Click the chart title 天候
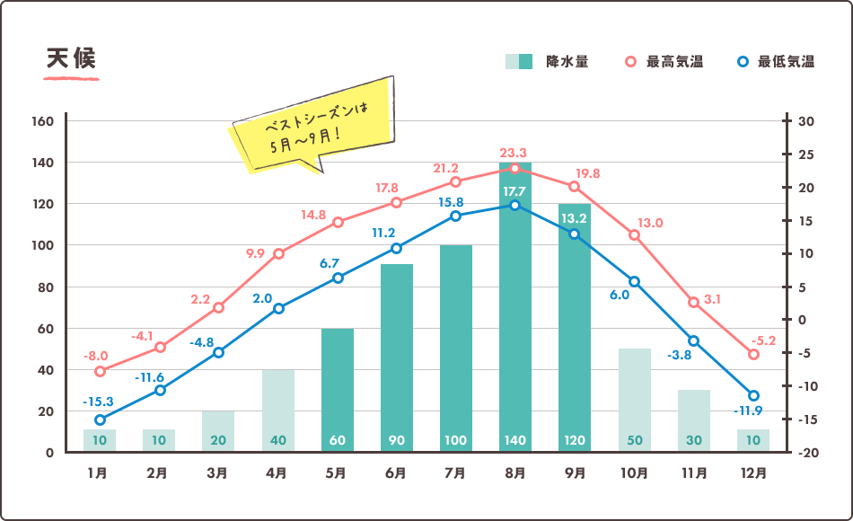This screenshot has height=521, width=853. click(x=71, y=58)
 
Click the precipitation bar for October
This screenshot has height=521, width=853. click(x=635, y=395)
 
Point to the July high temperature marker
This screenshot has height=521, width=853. click(x=455, y=182)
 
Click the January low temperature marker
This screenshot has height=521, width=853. click(x=100, y=419)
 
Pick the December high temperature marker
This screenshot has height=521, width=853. click(x=753, y=355)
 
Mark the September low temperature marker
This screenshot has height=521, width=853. click(x=575, y=234)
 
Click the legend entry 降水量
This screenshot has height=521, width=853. click(x=546, y=62)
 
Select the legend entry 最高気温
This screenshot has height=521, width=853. click(x=664, y=62)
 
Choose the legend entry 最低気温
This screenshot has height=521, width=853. click(x=775, y=62)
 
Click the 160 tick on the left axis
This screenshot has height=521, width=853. click(x=44, y=121)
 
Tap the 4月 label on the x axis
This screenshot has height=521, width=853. click(x=277, y=472)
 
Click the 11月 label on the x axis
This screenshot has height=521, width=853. click(x=693, y=472)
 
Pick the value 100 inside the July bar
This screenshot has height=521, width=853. click(x=456, y=440)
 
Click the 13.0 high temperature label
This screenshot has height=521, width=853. click(x=650, y=223)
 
